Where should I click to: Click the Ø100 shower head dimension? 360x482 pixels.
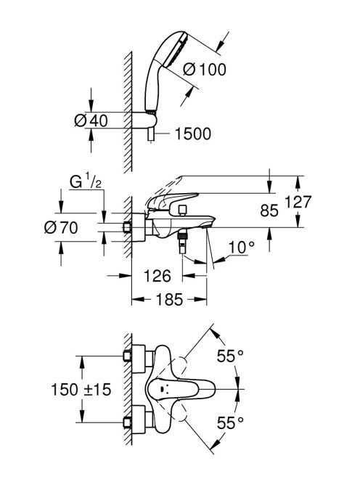(205, 69)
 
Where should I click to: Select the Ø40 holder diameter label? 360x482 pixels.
(91, 120)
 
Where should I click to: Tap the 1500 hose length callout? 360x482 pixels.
(193, 134)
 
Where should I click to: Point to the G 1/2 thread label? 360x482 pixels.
(85, 181)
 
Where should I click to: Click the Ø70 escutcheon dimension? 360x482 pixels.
(61, 228)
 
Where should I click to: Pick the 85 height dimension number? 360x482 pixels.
(269, 211)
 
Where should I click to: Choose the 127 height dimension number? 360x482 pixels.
(298, 202)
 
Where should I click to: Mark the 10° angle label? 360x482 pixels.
(242, 248)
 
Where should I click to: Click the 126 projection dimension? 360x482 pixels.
(157, 276)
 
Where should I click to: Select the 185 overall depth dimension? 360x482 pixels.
(169, 299)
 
